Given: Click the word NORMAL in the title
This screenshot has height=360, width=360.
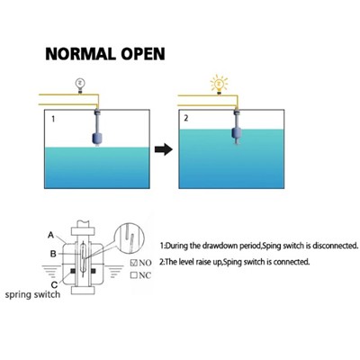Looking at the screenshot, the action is (81, 54).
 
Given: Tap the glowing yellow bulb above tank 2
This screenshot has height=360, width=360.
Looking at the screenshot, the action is (219, 84).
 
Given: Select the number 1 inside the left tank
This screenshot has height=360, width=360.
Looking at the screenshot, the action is (53, 119).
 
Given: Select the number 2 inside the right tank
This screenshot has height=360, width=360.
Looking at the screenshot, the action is (186, 118).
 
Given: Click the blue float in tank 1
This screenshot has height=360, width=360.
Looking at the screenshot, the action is (97, 139).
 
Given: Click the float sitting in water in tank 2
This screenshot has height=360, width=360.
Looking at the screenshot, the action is (237, 133).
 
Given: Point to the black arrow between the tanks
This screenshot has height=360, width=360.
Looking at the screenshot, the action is (164, 149).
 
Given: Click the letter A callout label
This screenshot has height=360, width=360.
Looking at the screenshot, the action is (51, 235).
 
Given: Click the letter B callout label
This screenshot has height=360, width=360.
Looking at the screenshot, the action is (53, 254).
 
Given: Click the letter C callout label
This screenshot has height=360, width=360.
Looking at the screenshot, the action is (54, 284).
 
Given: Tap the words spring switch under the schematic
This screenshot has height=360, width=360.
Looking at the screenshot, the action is (32, 294).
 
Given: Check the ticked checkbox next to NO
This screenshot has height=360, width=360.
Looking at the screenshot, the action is (134, 263).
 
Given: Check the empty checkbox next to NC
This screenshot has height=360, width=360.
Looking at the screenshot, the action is (134, 274).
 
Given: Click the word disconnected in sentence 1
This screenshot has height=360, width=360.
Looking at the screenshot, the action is (335, 246).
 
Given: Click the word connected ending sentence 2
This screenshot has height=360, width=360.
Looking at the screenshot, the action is (291, 262).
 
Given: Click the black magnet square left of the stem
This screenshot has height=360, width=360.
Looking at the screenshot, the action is (72, 271).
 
